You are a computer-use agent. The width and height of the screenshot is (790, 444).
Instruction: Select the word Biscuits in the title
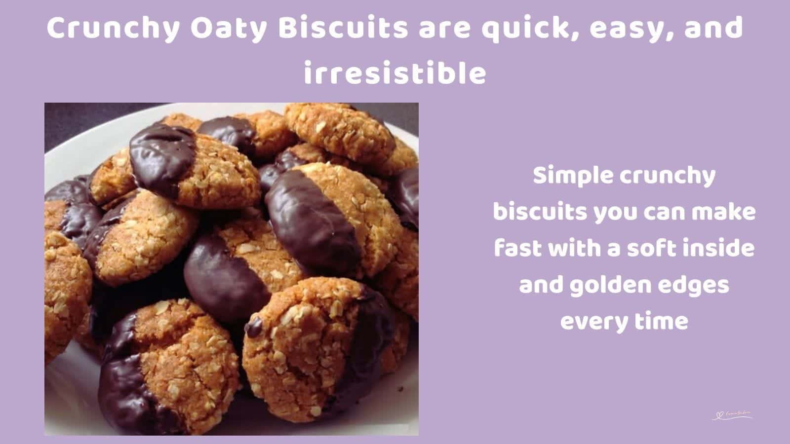coord(343,29)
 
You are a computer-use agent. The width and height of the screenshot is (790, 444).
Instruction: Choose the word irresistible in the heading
coord(395,74)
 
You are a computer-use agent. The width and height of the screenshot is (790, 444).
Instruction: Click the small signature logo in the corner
coord(732,415)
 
